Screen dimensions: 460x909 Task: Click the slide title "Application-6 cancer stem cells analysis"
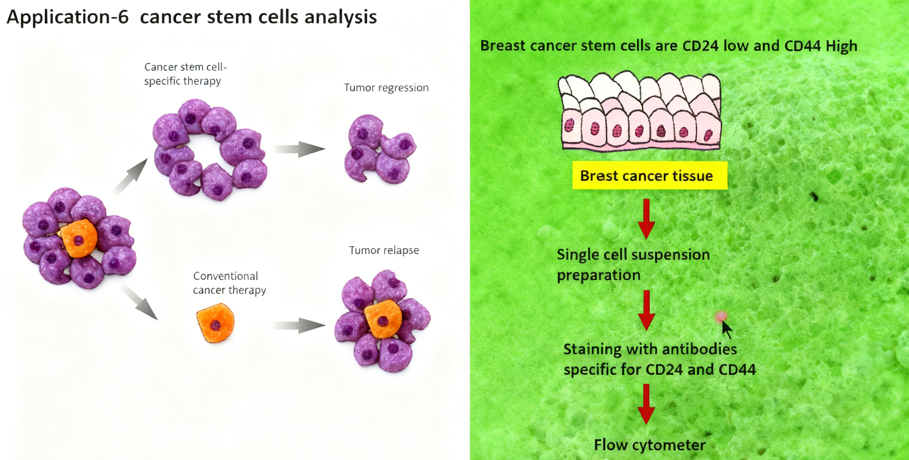[x=191, y=17]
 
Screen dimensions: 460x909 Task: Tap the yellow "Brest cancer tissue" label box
[x=649, y=175]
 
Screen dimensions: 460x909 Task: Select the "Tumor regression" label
[x=386, y=88]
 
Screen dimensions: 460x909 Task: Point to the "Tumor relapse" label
[x=384, y=250]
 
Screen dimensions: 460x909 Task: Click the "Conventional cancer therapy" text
[x=229, y=283]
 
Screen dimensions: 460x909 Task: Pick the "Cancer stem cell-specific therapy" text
[x=185, y=74]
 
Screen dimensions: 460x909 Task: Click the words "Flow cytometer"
[x=650, y=444]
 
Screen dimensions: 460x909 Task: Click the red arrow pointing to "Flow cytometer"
[x=647, y=404]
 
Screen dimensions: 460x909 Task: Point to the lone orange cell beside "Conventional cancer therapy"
[x=215, y=323]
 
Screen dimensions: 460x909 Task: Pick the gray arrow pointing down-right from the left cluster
[x=140, y=303]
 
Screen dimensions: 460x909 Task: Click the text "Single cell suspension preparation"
[x=633, y=265]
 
